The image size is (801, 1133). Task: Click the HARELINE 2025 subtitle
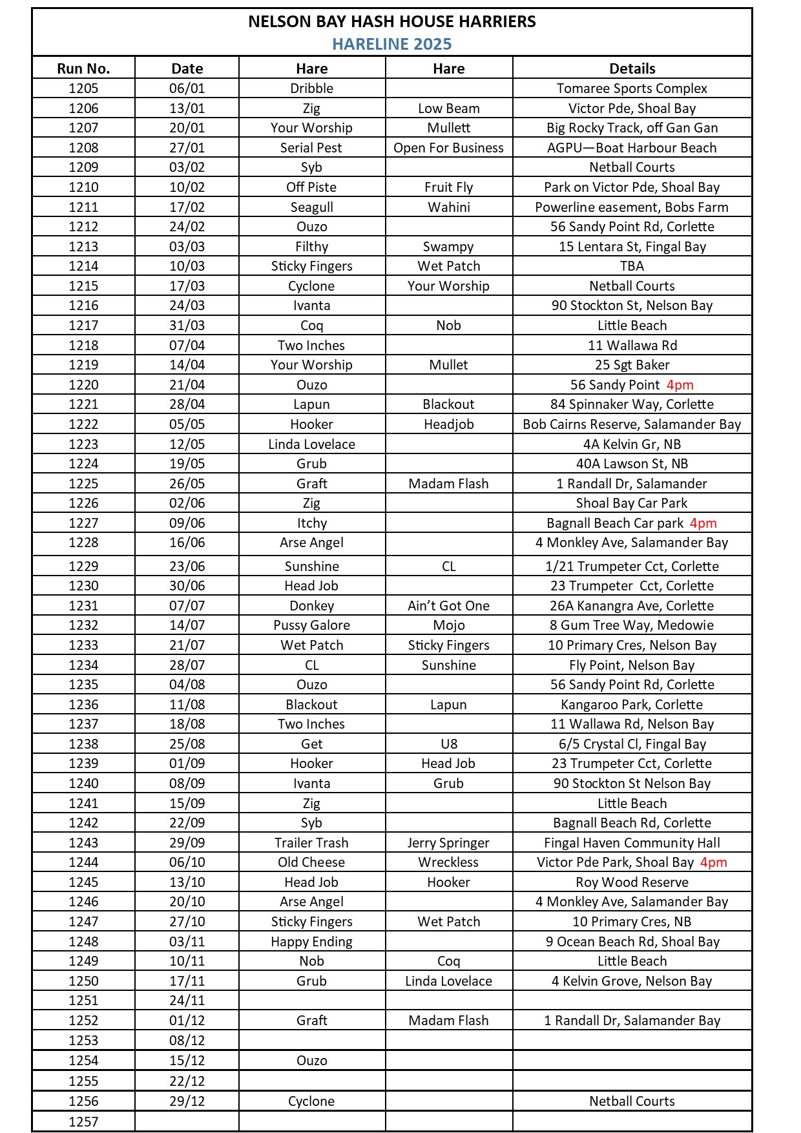pyautogui.click(x=391, y=44)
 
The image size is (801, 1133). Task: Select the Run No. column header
pyautogui.click(x=83, y=68)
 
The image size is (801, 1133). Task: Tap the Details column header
pyautogui.click(x=632, y=68)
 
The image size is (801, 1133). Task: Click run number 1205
pyautogui.click(x=83, y=88)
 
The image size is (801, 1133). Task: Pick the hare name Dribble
pyautogui.click(x=311, y=88)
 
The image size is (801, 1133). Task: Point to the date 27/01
pyautogui.click(x=187, y=148)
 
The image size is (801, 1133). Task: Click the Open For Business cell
pyautogui.click(x=448, y=148)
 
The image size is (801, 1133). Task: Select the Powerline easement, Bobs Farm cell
pyautogui.click(x=631, y=207)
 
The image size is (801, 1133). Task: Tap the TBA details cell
pyautogui.click(x=632, y=266)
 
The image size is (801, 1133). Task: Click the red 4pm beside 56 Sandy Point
pyautogui.click(x=680, y=385)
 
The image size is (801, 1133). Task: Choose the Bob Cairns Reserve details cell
pyautogui.click(x=631, y=424)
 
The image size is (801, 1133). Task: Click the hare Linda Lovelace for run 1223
pyautogui.click(x=311, y=444)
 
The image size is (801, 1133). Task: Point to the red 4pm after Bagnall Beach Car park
pyautogui.click(x=703, y=523)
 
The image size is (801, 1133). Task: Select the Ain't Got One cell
pyautogui.click(x=448, y=606)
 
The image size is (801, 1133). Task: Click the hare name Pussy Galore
pyautogui.click(x=311, y=625)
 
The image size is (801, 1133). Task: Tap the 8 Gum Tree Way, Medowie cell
pyautogui.click(x=631, y=625)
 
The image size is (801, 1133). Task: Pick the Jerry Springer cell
pyautogui.click(x=448, y=843)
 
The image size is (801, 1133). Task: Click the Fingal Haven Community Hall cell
pyautogui.click(x=631, y=843)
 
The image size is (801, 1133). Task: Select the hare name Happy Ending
pyautogui.click(x=311, y=942)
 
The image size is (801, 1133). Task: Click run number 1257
pyautogui.click(x=83, y=1122)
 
